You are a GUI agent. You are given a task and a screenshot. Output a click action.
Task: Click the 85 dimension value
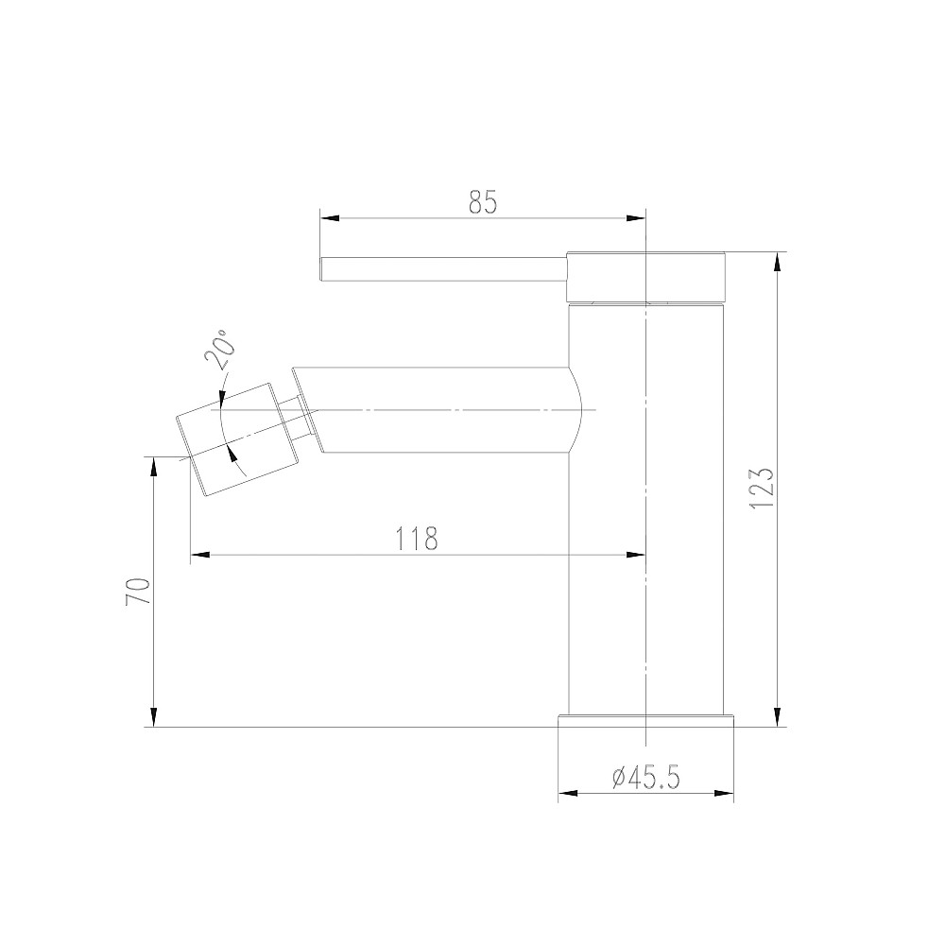coord(482,201)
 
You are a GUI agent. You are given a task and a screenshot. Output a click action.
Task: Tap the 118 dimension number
coord(417,538)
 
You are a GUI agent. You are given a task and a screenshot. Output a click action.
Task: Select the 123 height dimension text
coord(762,489)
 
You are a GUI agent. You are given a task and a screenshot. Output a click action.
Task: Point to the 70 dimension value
coord(138,593)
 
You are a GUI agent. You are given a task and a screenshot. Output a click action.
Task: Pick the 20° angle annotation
coord(216,352)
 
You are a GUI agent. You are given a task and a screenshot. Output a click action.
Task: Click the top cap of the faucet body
coord(646,277)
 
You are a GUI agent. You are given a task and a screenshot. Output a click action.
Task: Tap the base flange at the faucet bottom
coord(646,720)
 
